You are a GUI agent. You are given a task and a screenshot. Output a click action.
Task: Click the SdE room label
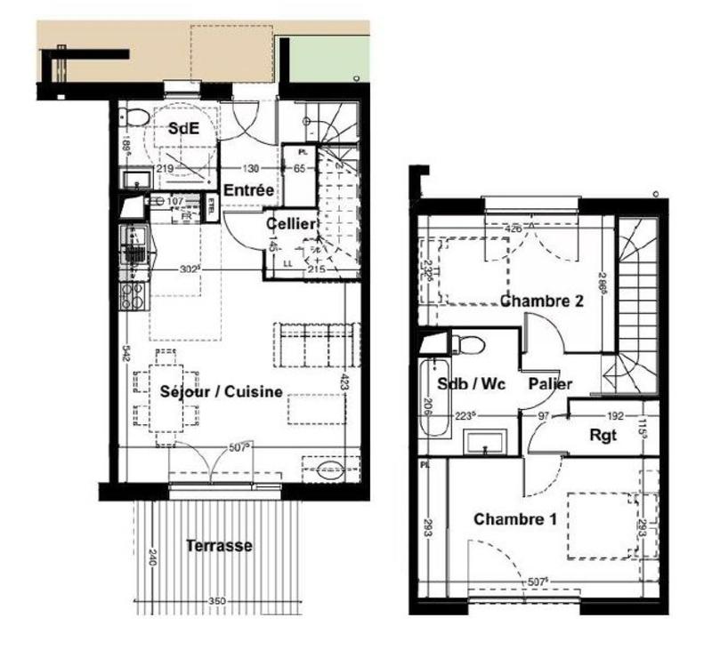(183, 128)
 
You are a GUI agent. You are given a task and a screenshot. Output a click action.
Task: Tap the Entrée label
(242, 190)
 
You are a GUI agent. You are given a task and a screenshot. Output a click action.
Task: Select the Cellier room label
(290, 224)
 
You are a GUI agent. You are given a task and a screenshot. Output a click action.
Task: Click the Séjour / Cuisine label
(222, 391)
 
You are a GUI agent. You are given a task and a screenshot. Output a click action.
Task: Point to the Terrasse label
(219, 545)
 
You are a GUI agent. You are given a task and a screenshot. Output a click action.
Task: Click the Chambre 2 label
(542, 301)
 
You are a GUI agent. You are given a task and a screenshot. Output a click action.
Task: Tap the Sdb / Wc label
(472, 384)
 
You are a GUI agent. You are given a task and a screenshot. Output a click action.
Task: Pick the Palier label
(549, 384)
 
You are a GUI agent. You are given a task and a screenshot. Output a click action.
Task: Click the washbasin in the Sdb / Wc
(485, 440)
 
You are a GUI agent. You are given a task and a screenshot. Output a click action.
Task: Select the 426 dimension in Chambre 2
(513, 229)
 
